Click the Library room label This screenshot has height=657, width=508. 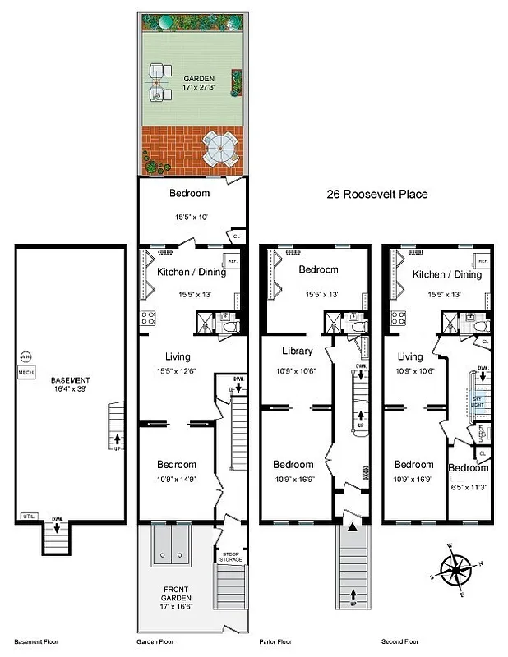[297, 351]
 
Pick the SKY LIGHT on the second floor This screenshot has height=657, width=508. [476, 398]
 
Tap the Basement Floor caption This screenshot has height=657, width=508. [34, 641]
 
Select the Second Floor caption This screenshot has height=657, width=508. [400, 641]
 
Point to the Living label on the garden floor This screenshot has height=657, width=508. [178, 356]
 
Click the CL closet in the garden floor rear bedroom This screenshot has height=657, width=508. [237, 235]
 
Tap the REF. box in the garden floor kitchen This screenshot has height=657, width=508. [232, 261]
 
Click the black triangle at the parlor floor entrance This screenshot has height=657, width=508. [353, 530]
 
